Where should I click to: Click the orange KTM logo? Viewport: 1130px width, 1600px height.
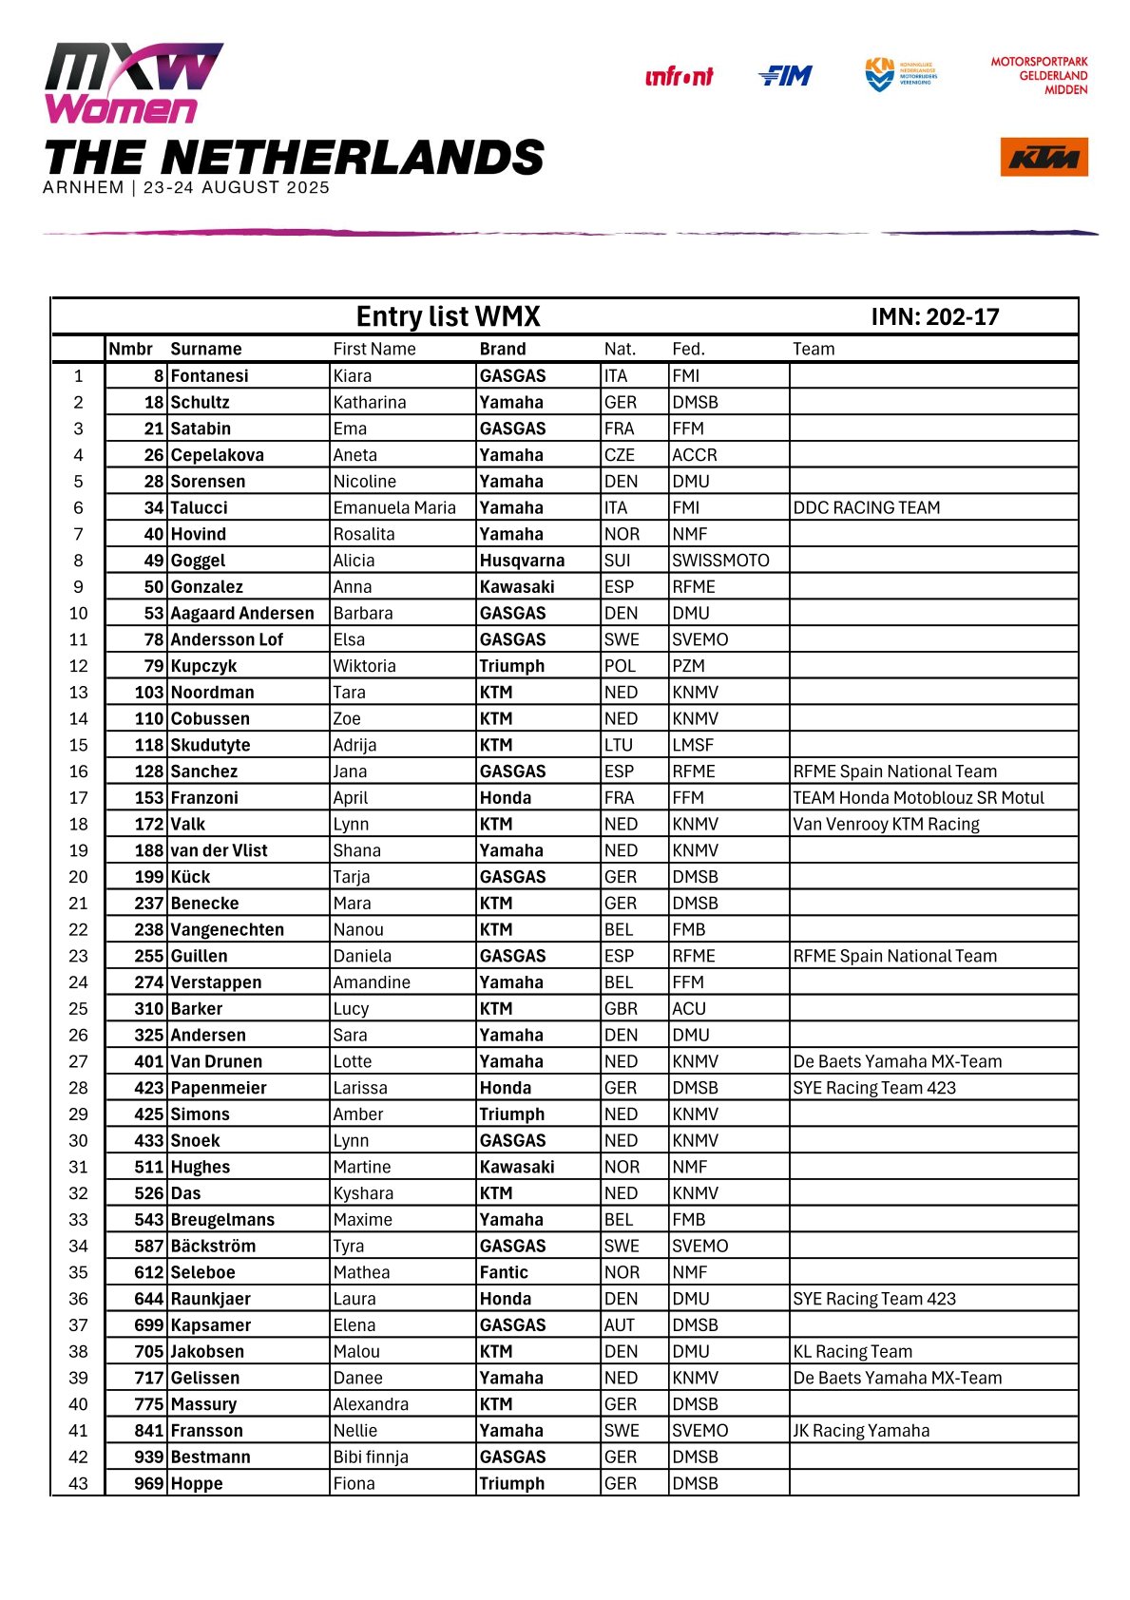(1044, 157)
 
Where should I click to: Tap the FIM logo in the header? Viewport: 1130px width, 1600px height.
(785, 76)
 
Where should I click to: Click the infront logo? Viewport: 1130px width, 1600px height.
(679, 77)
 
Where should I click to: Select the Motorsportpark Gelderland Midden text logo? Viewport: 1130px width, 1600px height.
(1040, 76)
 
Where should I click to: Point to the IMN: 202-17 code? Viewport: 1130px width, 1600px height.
(935, 317)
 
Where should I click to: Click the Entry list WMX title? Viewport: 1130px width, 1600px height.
(448, 316)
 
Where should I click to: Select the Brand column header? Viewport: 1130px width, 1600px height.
(503, 349)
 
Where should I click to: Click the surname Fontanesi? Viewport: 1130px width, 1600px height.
(209, 375)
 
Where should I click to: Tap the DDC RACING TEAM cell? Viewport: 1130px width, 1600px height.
(867, 507)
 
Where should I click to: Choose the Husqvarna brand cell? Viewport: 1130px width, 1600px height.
(522, 561)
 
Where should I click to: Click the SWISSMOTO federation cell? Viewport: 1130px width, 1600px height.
(720, 561)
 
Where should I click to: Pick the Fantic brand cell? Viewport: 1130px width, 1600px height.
(504, 1272)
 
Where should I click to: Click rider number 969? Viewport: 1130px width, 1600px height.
(149, 1483)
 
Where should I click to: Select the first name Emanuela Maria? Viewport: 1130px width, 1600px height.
(394, 507)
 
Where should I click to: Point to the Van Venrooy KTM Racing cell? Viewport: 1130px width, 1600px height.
(886, 824)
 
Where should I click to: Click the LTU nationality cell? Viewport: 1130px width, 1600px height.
(619, 745)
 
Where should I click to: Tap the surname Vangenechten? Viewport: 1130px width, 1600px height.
(227, 929)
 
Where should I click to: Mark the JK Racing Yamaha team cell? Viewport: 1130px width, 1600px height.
(861, 1430)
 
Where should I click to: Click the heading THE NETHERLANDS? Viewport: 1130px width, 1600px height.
(294, 157)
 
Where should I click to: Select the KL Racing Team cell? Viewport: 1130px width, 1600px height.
(852, 1351)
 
